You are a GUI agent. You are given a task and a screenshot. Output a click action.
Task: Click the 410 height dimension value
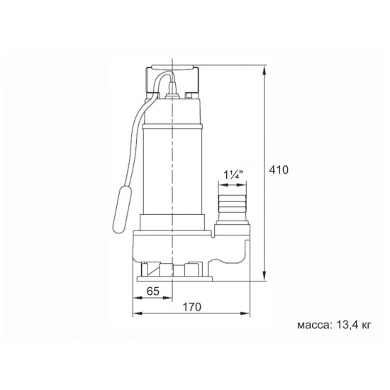click(x=279, y=170)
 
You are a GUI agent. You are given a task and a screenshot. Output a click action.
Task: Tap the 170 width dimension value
click(x=191, y=307)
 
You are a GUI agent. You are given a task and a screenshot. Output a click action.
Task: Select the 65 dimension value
click(x=152, y=291)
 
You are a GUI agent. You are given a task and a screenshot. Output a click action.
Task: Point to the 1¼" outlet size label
click(x=233, y=175)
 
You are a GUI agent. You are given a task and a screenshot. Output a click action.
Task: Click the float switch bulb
click(x=122, y=208)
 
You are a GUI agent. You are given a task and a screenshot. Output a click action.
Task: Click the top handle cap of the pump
click(x=172, y=67)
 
